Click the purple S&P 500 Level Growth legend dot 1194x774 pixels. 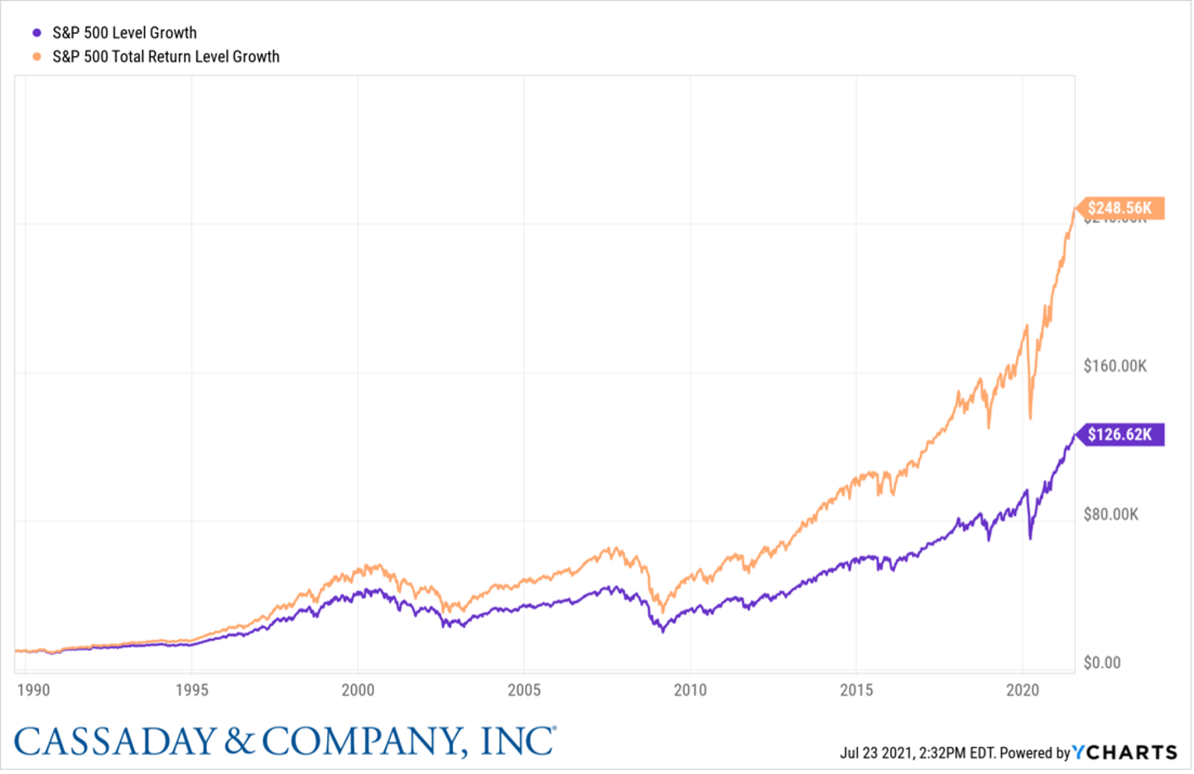tap(36, 33)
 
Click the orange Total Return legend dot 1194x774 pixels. tap(36, 57)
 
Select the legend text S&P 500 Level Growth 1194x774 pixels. tap(124, 33)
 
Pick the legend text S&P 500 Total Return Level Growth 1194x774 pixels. tap(166, 57)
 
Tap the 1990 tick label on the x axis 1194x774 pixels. tap(33, 690)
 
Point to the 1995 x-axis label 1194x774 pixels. tap(191, 690)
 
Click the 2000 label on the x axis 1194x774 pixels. tap(358, 690)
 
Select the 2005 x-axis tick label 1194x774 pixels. tap(524, 690)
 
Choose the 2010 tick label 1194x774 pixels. tap(690, 690)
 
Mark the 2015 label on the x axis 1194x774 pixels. tap(856, 690)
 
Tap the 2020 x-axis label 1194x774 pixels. tap(1023, 690)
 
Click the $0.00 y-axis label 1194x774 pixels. tap(1102, 663)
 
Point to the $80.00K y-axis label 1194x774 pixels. tap(1111, 515)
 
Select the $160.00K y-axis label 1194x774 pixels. tap(1115, 366)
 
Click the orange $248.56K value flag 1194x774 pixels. tap(1120, 208)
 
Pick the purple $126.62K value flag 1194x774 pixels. tap(1120, 435)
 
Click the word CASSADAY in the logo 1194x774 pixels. tap(116, 741)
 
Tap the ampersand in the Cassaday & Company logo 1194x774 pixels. tap(239, 741)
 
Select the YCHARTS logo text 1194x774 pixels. tap(1126, 752)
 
